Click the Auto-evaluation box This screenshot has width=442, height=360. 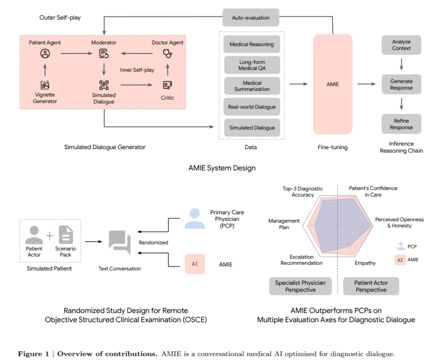(x=251, y=18)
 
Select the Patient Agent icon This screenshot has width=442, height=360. (x=45, y=54)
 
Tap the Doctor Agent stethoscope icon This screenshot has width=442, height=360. (x=167, y=54)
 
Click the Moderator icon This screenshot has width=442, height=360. (x=104, y=54)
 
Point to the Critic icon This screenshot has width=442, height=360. (x=167, y=85)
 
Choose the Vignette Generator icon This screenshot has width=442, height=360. (x=45, y=85)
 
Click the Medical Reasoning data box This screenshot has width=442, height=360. (x=252, y=45)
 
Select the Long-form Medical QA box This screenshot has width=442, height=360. (x=252, y=65)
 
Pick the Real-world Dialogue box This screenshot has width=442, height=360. (x=252, y=107)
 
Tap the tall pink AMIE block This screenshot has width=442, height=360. (x=333, y=84)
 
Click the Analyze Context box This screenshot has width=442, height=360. (x=401, y=45)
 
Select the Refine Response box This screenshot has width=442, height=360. (x=401, y=124)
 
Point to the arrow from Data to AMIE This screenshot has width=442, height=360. (x=298, y=84)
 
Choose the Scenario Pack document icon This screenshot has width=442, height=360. (x=66, y=235)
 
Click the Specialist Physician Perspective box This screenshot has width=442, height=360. (x=300, y=286)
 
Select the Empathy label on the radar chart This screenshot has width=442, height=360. (x=365, y=263)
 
